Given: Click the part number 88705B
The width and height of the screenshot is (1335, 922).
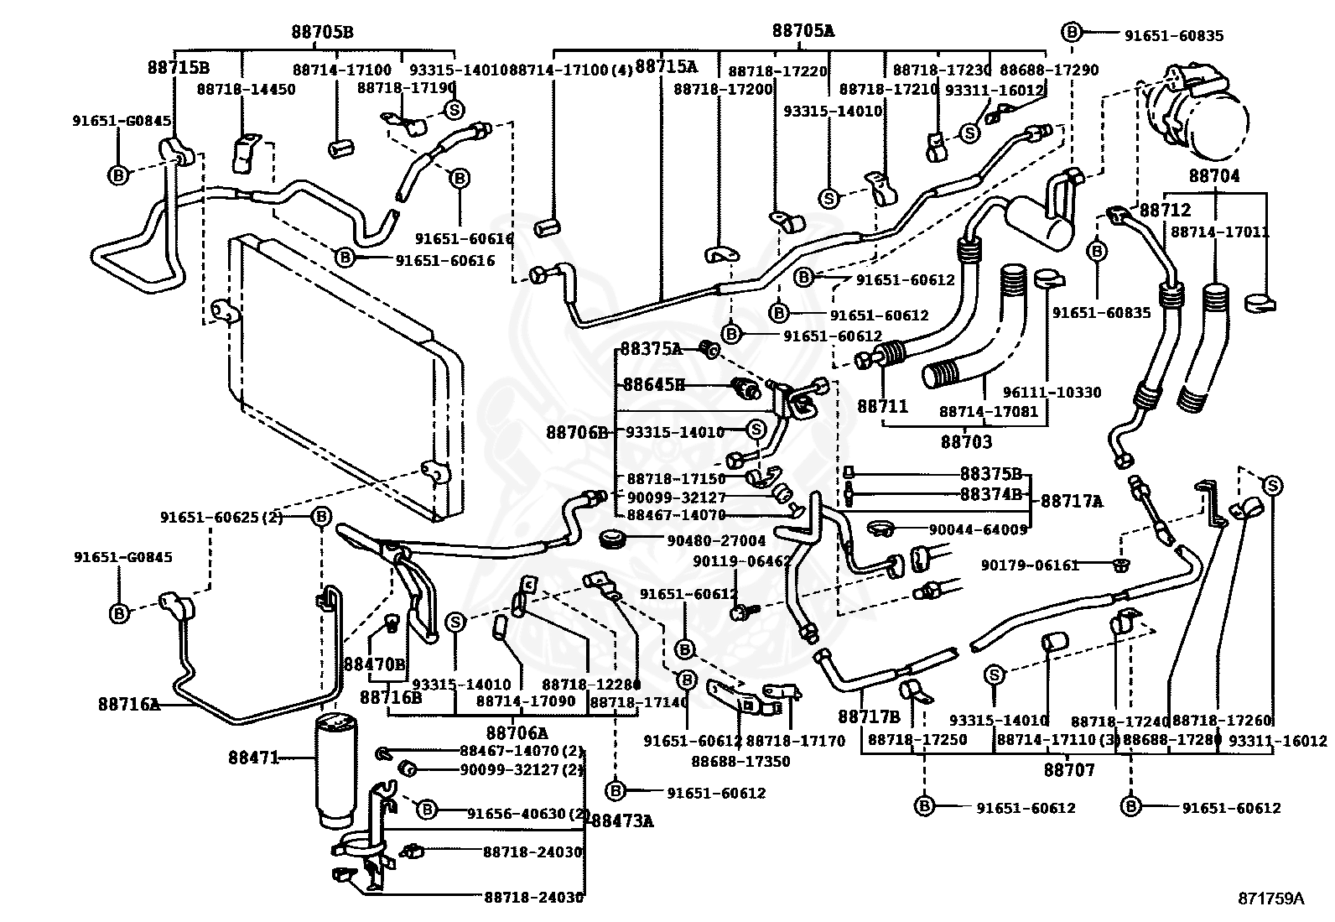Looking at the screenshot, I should point(322,33).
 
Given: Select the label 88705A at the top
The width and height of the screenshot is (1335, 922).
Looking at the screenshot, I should point(803,31).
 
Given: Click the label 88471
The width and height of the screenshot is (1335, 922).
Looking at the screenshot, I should point(252,758).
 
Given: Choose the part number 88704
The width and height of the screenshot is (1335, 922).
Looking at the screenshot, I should point(1213,176).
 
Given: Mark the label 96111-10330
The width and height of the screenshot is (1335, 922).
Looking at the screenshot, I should point(1052,392).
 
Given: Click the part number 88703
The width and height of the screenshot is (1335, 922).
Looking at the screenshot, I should point(966,441).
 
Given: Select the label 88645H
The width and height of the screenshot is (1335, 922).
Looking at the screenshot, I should point(653,385).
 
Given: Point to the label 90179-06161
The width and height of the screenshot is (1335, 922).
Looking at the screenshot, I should point(1030,565).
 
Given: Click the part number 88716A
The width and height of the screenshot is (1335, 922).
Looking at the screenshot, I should point(128,705).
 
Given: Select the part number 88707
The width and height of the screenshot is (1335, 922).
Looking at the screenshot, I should point(1069,768).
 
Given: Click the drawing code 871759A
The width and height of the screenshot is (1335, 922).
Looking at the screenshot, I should point(1271,899).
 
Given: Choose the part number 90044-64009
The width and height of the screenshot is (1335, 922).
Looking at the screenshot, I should point(978,529).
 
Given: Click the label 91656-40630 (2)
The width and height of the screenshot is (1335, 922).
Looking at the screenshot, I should point(529,813).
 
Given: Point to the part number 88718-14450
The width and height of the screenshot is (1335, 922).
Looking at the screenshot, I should point(247,89).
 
